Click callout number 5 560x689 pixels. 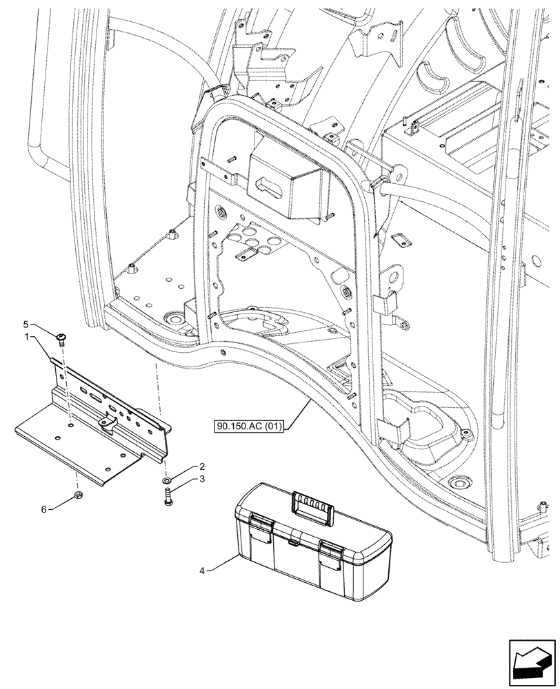click(45, 324)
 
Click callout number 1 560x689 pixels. click(45, 337)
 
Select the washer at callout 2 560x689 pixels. click(168, 479)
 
